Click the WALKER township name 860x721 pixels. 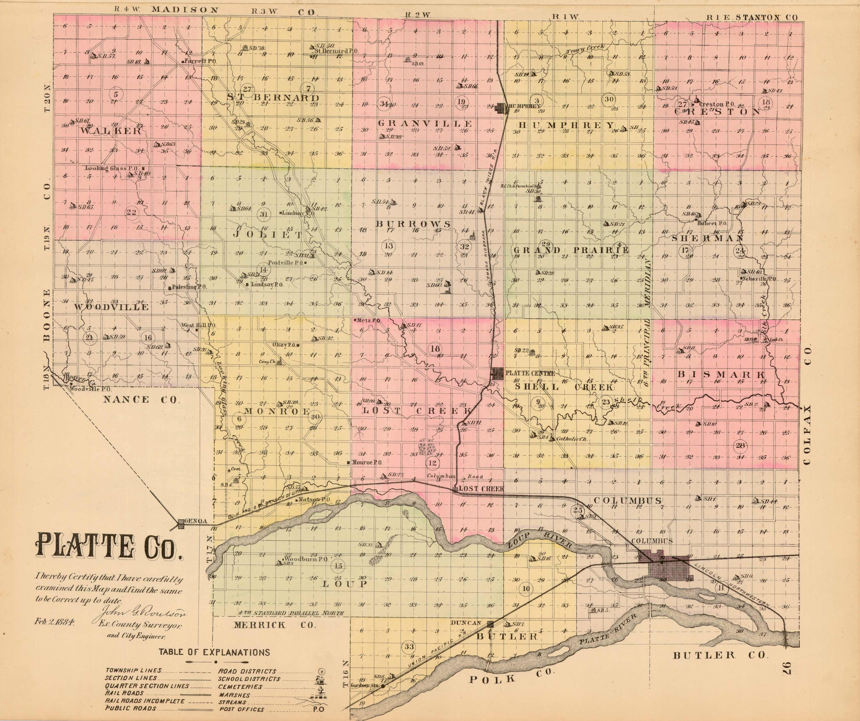[111, 131]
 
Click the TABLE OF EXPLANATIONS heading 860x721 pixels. [215, 652]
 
